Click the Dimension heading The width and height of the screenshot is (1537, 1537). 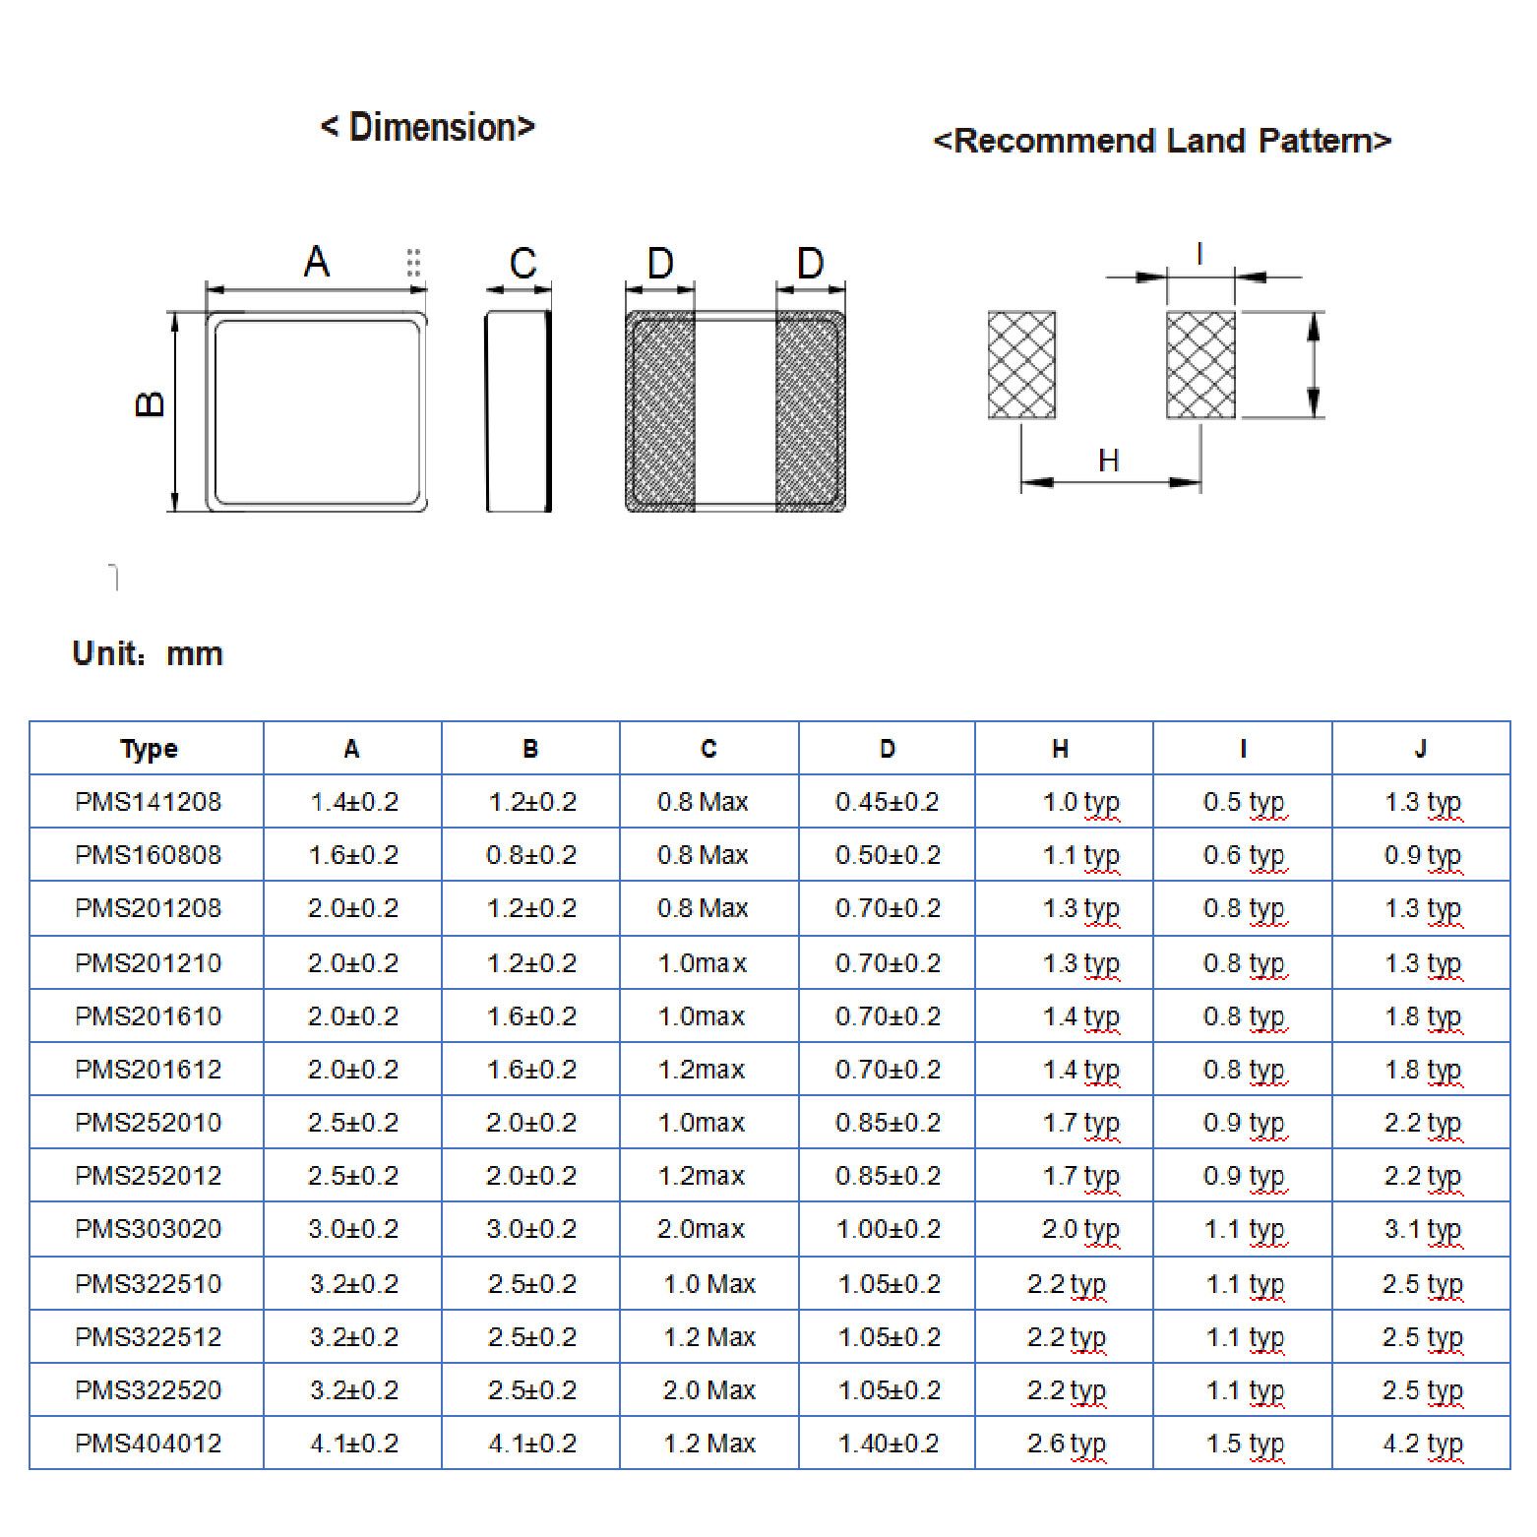[427, 127]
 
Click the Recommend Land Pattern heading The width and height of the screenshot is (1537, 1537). [1162, 141]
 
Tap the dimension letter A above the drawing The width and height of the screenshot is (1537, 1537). [316, 262]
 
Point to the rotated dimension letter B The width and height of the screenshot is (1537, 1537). [150, 403]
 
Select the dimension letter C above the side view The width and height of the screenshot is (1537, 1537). [523, 264]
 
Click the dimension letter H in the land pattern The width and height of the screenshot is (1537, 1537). [1109, 461]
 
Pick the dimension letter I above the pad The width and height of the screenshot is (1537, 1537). [1199, 255]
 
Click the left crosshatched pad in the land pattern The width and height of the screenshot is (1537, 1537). [1021, 365]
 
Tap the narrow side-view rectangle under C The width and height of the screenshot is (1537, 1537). [519, 411]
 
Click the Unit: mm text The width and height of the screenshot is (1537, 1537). [148, 653]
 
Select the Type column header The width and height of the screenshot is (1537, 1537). [149, 749]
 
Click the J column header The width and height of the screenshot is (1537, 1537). [1420, 749]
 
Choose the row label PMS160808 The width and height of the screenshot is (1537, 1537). [149, 855]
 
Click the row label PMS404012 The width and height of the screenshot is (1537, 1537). [149, 1444]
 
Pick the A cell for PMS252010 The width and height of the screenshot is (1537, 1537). [353, 1123]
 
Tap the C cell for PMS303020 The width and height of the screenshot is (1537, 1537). [702, 1229]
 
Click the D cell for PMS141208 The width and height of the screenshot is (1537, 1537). [888, 802]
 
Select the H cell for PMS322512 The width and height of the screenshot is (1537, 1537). [1067, 1337]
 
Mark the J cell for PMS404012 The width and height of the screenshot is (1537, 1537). [1422, 1444]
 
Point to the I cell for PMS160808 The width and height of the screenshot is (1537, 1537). [1244, 855]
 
